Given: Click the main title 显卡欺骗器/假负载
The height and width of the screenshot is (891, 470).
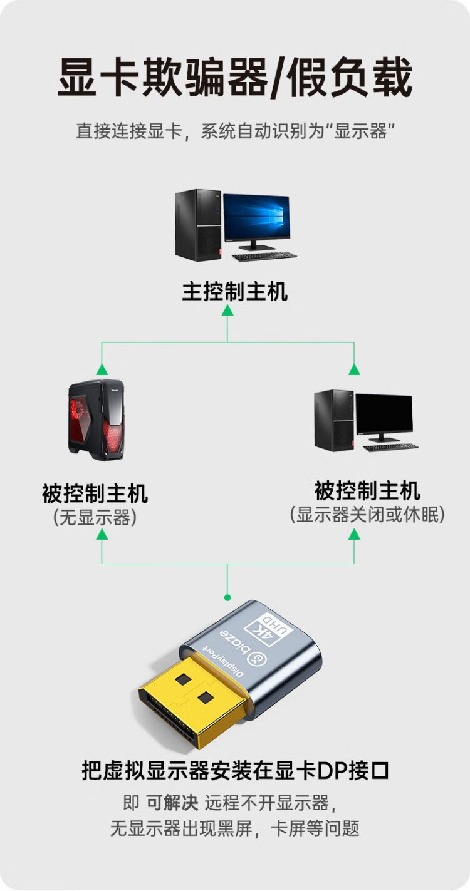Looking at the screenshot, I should tap(235, 78).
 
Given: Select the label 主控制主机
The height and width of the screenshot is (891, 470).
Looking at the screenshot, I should tap(235, 291).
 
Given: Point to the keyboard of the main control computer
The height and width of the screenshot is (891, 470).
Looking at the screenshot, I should tap(264, 256).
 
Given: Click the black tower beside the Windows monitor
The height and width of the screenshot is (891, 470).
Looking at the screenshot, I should tap(198, 224).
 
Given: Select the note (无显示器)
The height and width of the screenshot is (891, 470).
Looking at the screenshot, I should tap(95, 517).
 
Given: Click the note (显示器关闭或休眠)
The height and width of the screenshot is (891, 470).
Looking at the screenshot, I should tap(367, 514).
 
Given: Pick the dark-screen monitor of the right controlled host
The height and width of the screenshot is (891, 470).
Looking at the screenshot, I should tap(384, 416).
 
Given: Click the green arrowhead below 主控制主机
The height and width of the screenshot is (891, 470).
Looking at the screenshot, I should tap(227, 310).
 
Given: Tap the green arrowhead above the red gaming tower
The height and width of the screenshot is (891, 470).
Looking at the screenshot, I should tap(101, 369).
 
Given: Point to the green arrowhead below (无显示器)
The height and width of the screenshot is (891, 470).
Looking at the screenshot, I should tap(102, 534).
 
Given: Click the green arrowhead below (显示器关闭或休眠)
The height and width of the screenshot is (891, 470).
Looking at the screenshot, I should tap(354, 534).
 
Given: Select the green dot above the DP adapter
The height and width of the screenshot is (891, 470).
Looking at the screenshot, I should tap(227, 597).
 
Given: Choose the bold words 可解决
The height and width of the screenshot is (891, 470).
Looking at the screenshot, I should tap(172, 803).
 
